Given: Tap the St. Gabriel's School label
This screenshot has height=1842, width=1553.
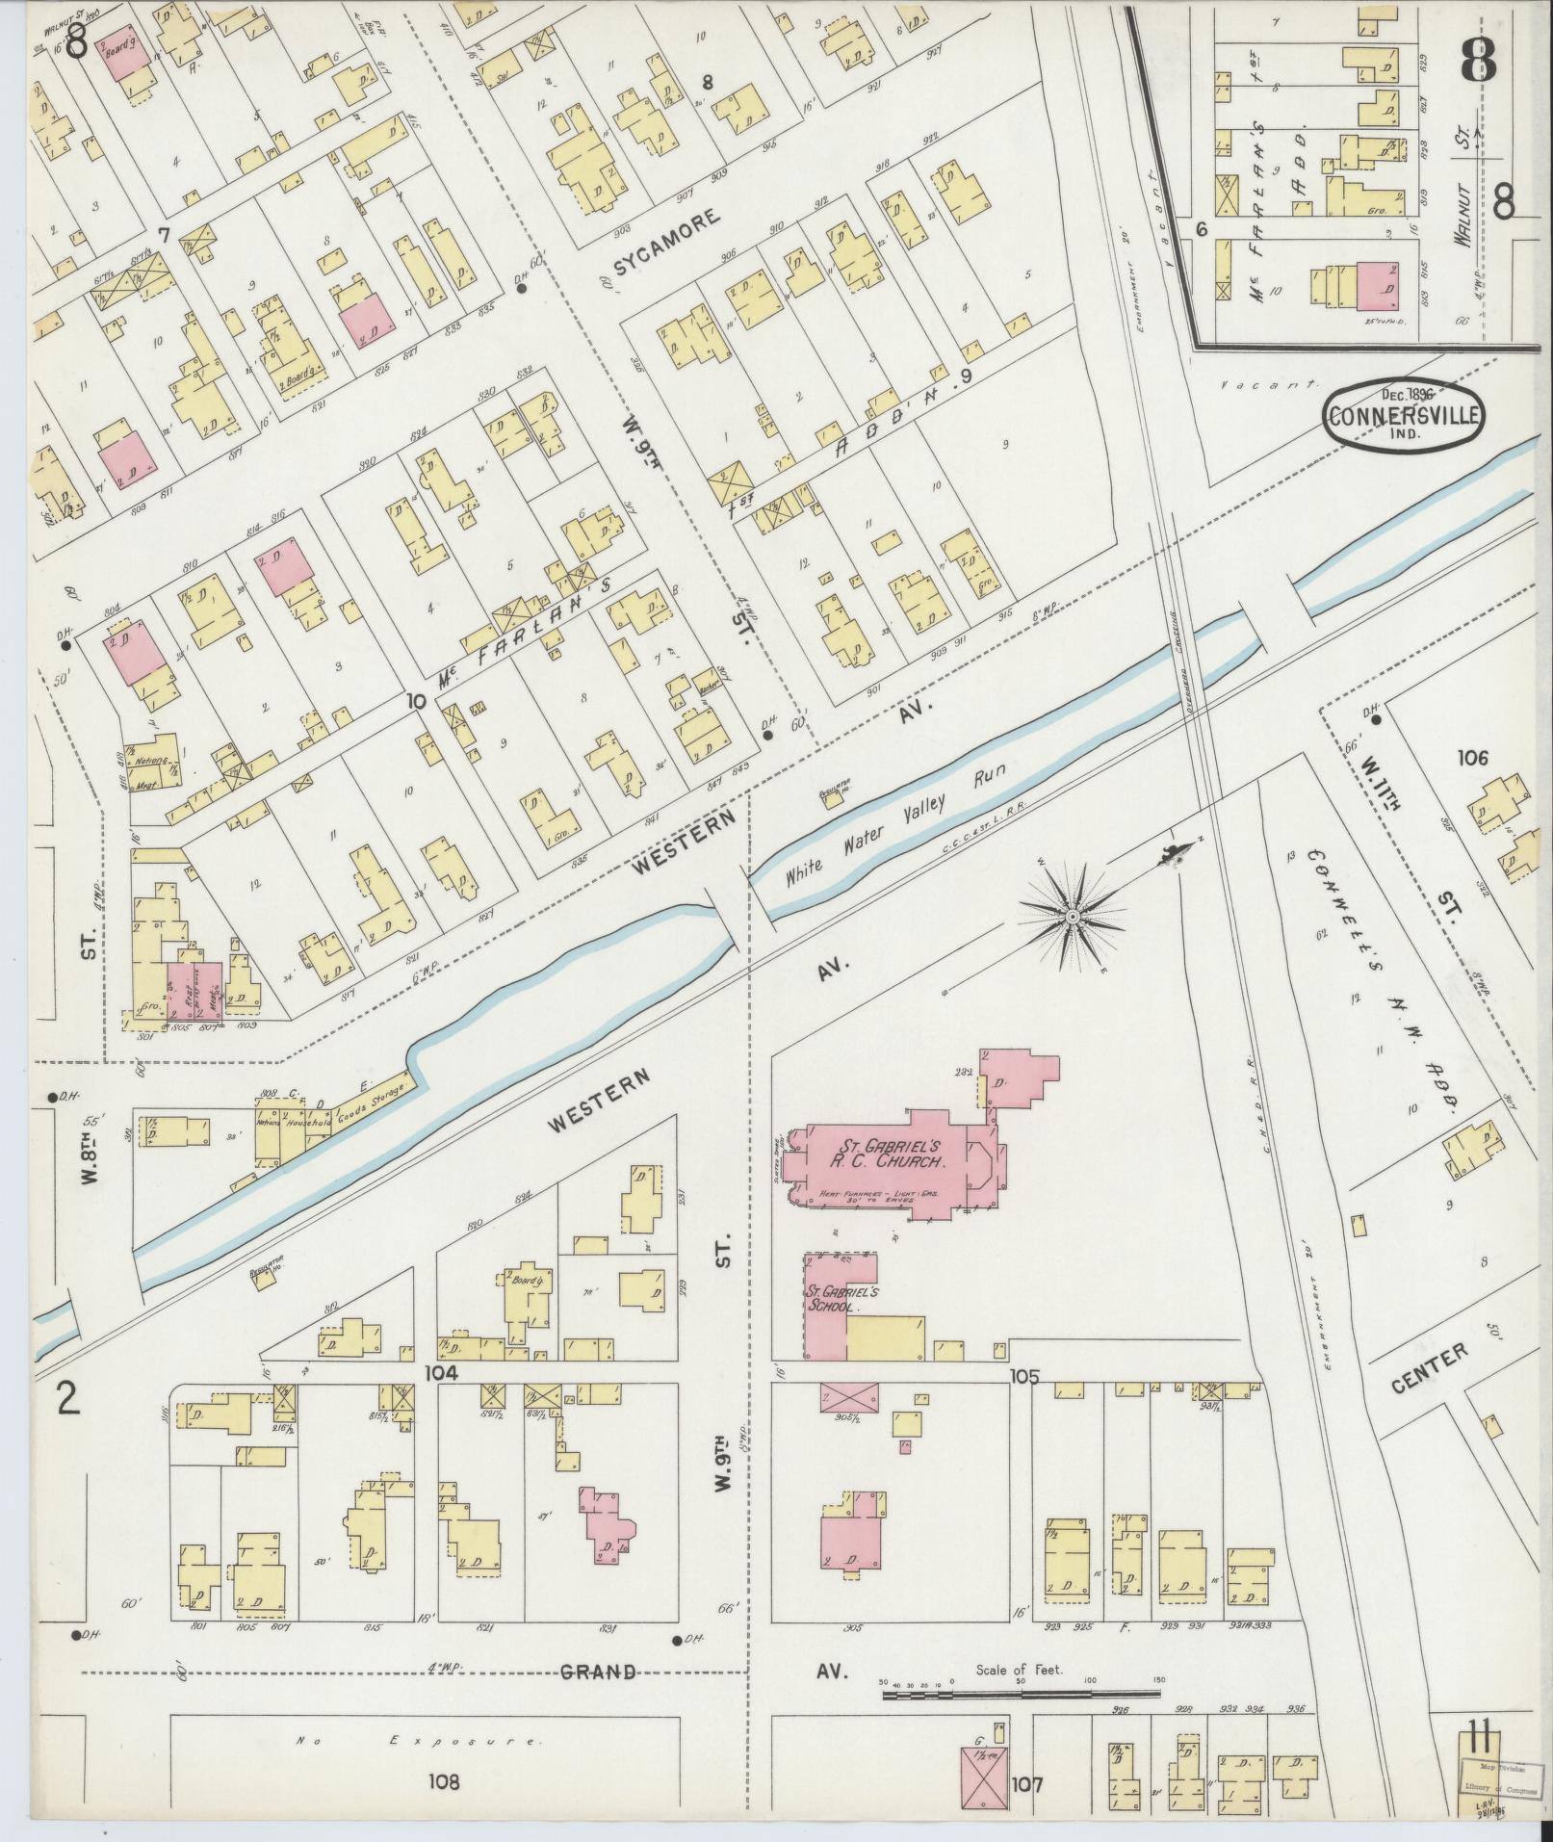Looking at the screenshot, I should click(x=834, y=1300).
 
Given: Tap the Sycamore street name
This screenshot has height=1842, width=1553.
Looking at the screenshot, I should click(x=666, y=241).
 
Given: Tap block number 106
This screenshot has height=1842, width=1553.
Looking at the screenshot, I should click(x=1472, y=758).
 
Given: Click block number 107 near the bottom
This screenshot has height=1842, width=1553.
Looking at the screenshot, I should click(x=1027, y=1784).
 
